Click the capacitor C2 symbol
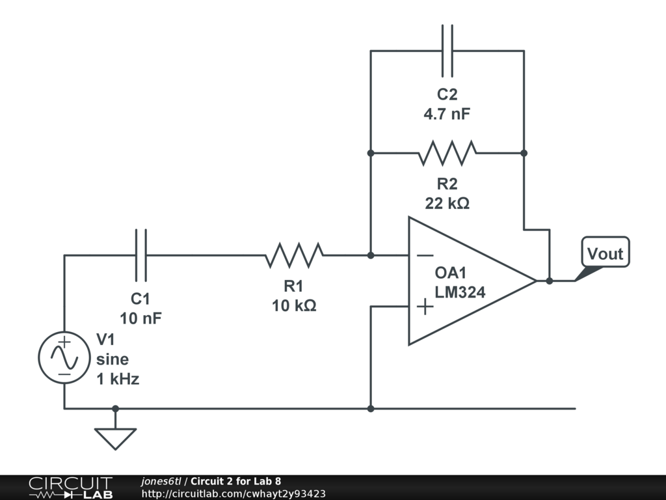[x=447, y=51]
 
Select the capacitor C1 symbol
[x=141, y=255]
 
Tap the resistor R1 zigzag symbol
[x=294, y=255]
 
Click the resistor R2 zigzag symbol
[x=447, y=153]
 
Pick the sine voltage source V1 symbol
[x=64, y=358]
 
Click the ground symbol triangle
[x=115, y=438]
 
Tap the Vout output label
[x=605, y=253]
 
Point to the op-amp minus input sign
[x=425, y=255]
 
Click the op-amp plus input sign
[x=425, y=306]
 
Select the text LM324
[x=460, y=293]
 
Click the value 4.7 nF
[x=447, y=114]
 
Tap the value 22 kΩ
[x=447, y=203]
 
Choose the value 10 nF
[x=140, y=318]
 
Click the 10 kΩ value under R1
[x=294, y=305]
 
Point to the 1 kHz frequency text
[x=118, y=379]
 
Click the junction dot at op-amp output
[x=550, y=281]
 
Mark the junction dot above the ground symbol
[x=115, y=409]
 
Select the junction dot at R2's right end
[x=524, y=153]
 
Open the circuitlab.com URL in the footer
[x=233, y=494]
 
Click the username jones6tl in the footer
[x=161, y=481]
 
